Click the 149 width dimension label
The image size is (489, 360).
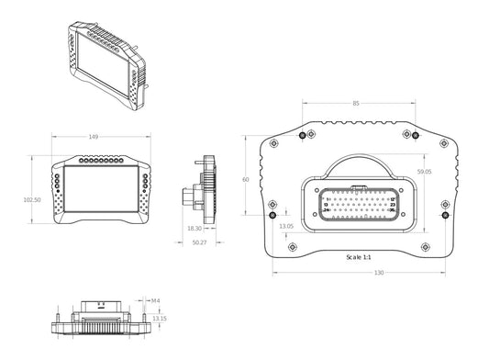(x=94, y=138)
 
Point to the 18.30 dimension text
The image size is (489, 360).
(x=194, y=228)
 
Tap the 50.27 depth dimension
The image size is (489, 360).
(x=199, y=242)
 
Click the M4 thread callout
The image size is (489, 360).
(x=155, y=299)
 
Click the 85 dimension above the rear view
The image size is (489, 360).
(x=355, y=103)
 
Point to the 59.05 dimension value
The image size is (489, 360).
(x=424, y=172)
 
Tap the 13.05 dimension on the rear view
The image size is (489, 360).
(x=285, y=226)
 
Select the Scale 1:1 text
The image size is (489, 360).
(x=353, y=257)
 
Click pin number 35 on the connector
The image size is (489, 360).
(x=392, y=212)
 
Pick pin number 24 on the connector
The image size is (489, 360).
(x=327, y=212)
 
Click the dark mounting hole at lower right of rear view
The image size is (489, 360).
(x=445, y=218)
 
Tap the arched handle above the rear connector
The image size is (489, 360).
(x=359, y=163)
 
